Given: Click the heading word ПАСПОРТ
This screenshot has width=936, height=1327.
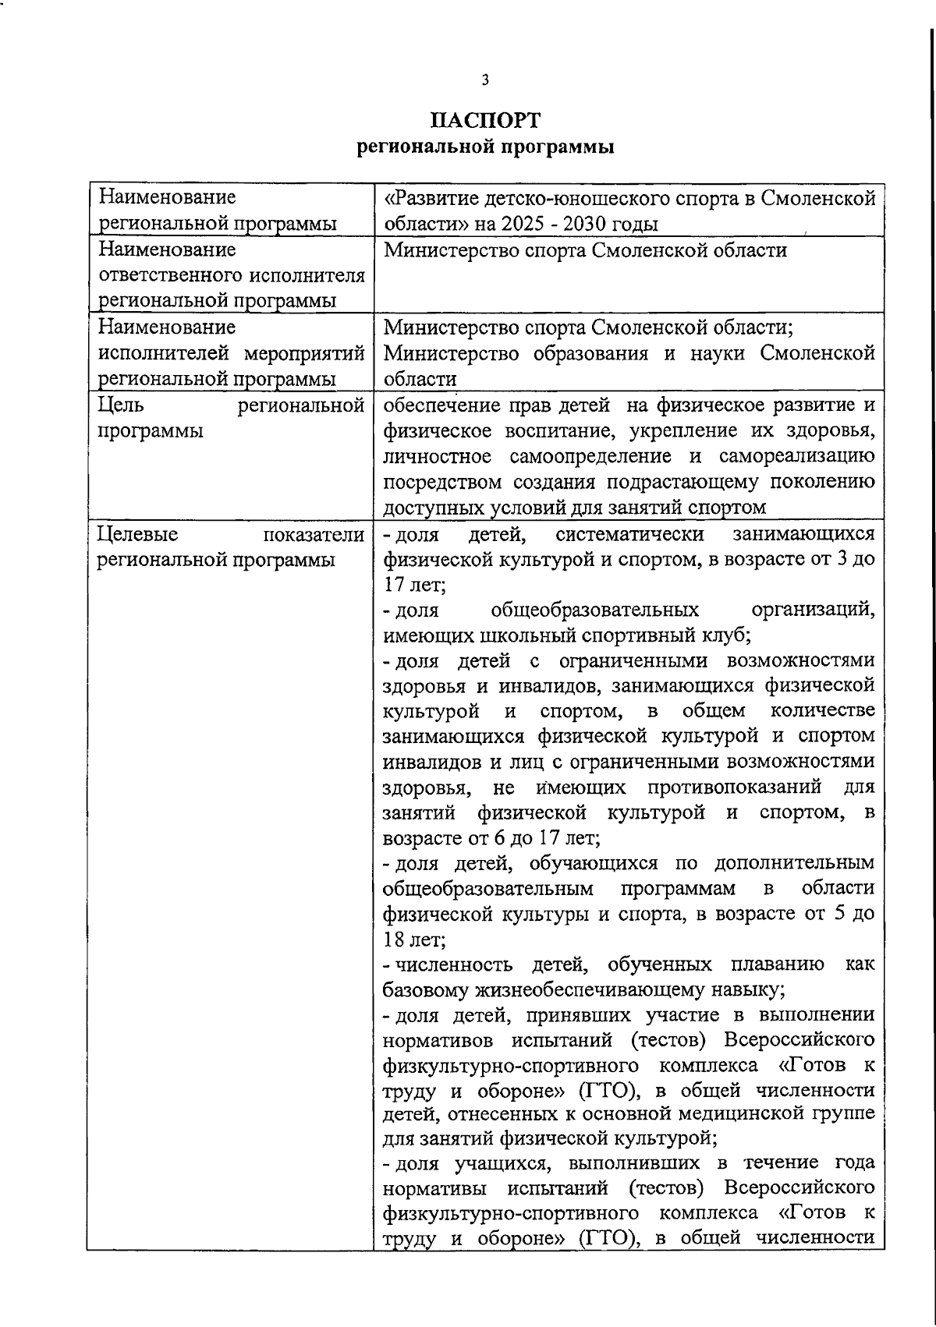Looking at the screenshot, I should tap(485, 121).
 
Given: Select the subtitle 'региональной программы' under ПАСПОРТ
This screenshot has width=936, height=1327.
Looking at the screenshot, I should tap(485, 147).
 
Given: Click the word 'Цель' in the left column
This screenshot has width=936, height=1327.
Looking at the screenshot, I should tap(120, 405).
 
